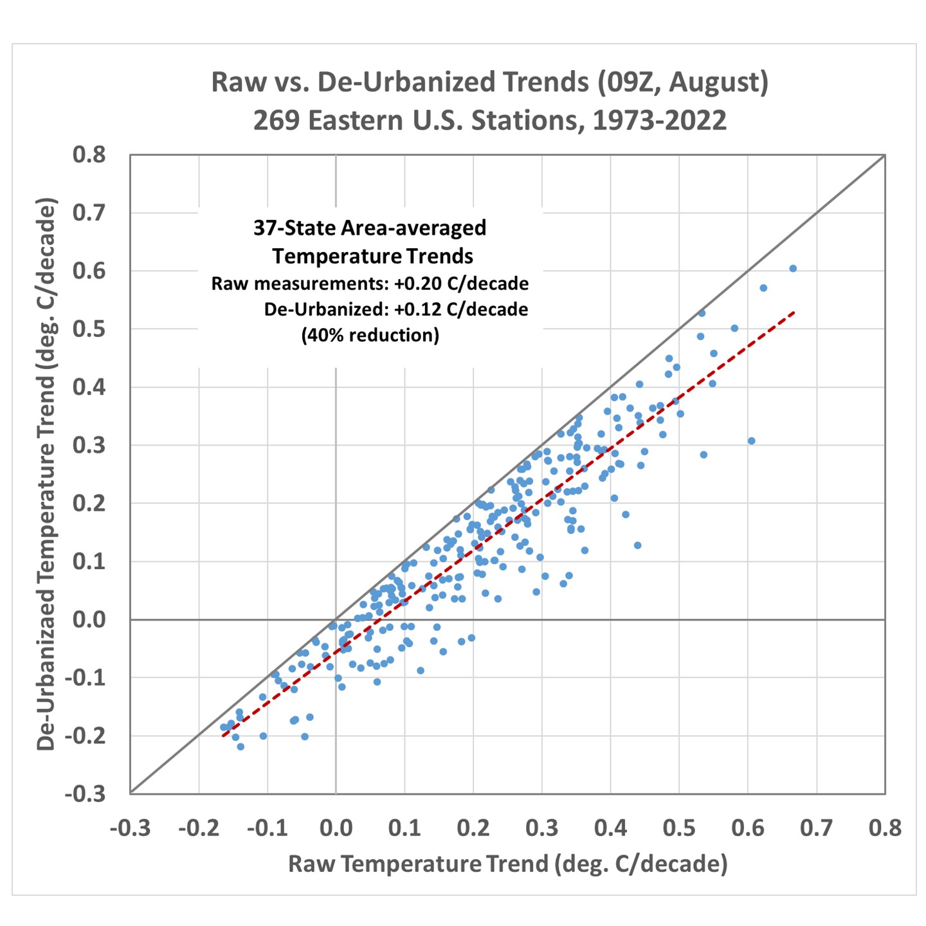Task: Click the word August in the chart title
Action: click(716, 83)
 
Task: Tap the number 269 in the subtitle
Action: click(276, 121)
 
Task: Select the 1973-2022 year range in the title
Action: click(659, 121)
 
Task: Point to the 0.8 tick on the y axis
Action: click(89, 155)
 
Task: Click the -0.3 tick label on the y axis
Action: click(85, 794)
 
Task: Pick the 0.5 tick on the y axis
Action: click(89, 329)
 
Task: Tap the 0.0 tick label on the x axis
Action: click(336, 828)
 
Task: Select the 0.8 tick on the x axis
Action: click(885, 828)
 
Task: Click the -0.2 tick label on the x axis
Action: click(198, 828)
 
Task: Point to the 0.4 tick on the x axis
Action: click(610, 828)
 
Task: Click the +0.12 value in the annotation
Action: click(416, 309)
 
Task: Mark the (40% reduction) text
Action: click(370, 335)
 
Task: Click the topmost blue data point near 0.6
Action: click(793, 269)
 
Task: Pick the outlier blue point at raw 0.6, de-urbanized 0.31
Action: click(751, 441)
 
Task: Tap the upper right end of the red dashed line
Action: click(795, 313)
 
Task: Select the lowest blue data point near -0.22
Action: click(241, 747)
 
